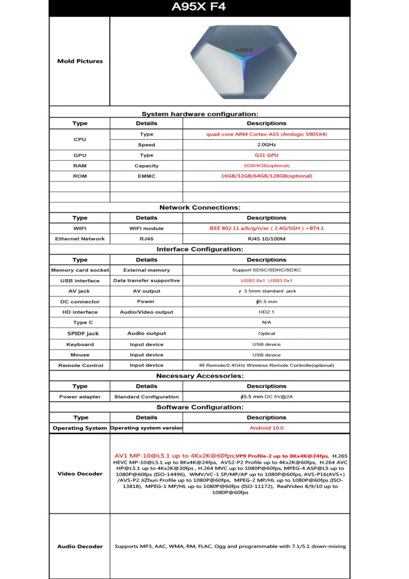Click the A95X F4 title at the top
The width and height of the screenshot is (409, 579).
tap(198, 7)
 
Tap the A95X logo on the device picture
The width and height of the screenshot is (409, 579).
tap(244, 50)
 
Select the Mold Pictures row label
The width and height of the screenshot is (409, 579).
tap(80, 61)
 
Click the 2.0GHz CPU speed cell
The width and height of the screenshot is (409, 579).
tap(266, 145)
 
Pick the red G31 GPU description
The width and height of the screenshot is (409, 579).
tap(266, 155)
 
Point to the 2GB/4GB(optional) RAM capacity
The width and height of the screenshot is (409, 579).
tap(266, 166)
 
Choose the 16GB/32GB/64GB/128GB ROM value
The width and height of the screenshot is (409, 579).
tap(266, 176)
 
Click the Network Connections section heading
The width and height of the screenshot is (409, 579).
tap(199, 207)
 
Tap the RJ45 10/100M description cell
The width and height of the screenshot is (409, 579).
tap(266, 239)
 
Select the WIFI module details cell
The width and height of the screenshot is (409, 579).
tap(146, 229)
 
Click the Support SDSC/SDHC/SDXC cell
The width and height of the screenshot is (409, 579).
tap(266, 270)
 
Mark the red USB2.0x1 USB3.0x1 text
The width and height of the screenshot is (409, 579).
tap(266, 281)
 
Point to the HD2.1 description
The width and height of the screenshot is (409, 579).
tap(266, 312)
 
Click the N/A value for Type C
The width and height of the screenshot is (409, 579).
tap(266, 322)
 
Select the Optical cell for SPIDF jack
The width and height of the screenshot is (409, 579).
tap(266, 334)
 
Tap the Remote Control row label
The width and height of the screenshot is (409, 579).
tap(81, 365)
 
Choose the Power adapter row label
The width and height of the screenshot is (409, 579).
tap(80, 397)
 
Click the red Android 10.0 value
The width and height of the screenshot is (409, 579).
tap(266, 428)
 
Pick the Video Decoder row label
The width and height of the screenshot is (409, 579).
tap(80, 474)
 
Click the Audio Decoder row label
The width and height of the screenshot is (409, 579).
tap(80, 546)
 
